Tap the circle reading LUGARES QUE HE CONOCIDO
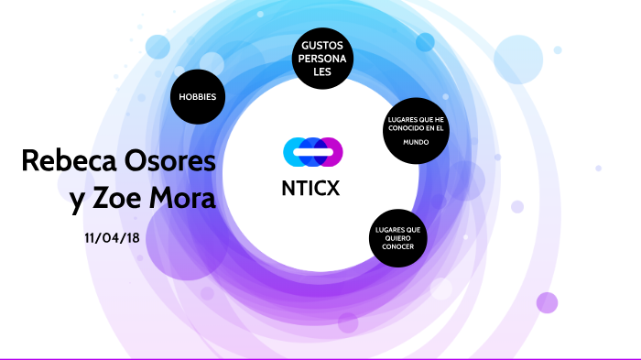(416, 129)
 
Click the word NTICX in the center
(313, 190)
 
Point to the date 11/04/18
(113, 236)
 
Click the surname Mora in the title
(188, 199)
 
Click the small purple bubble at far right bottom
(547, 302)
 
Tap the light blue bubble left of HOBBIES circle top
(158, 47)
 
